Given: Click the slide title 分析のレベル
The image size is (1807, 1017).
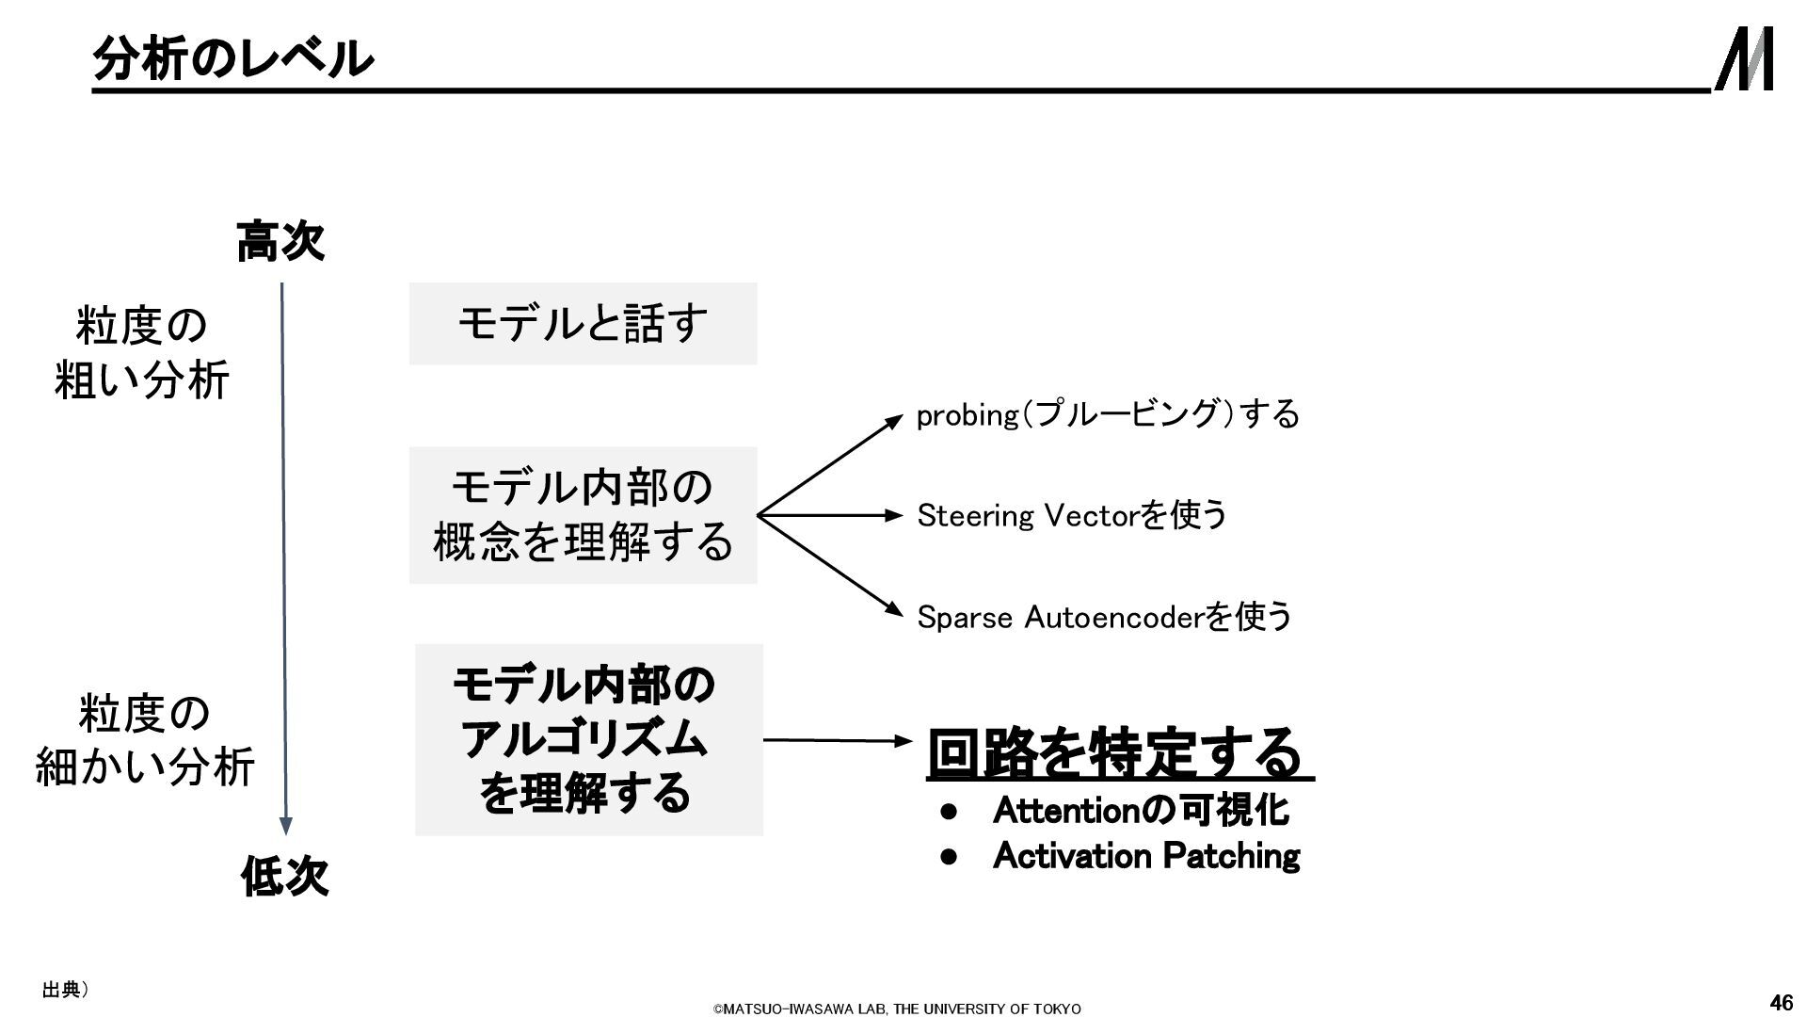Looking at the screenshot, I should tap(232, 58).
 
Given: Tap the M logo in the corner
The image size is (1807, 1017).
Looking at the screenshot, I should tap(1744, 58).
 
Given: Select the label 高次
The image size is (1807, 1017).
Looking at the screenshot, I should tap(280, 241).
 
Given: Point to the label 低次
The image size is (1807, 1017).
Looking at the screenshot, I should tap(284, 877).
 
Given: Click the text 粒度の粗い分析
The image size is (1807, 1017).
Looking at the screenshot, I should tap(141, 353).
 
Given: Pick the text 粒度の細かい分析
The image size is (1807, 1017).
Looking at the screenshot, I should tap(144, 740).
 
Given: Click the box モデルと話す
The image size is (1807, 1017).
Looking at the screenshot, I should tap(583, 323).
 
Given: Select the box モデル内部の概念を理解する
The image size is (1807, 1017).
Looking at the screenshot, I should tap(583, 515).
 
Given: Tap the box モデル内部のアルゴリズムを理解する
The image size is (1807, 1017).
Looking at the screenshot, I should tap(588, 739).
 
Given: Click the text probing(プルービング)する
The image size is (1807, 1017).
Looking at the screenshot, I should tap(1108, 414).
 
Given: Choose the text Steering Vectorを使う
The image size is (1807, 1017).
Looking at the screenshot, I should tap(1072, 515).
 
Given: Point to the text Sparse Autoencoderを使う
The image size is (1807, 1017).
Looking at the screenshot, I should tap(1104, 617).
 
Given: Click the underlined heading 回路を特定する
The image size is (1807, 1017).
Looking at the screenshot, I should tap(1116, 753).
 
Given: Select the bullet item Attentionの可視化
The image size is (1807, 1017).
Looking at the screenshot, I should tap(1140, 810).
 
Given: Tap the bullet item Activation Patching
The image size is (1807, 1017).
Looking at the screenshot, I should tap(1145, 856).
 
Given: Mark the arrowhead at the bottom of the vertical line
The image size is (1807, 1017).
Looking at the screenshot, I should tap(286, 826).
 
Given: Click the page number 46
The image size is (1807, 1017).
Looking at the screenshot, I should tap(1781, 1002).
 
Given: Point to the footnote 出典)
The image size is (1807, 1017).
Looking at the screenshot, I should tap(65, 989).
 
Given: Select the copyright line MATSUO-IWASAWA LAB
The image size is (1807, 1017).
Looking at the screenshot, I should tap(896, 1009).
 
